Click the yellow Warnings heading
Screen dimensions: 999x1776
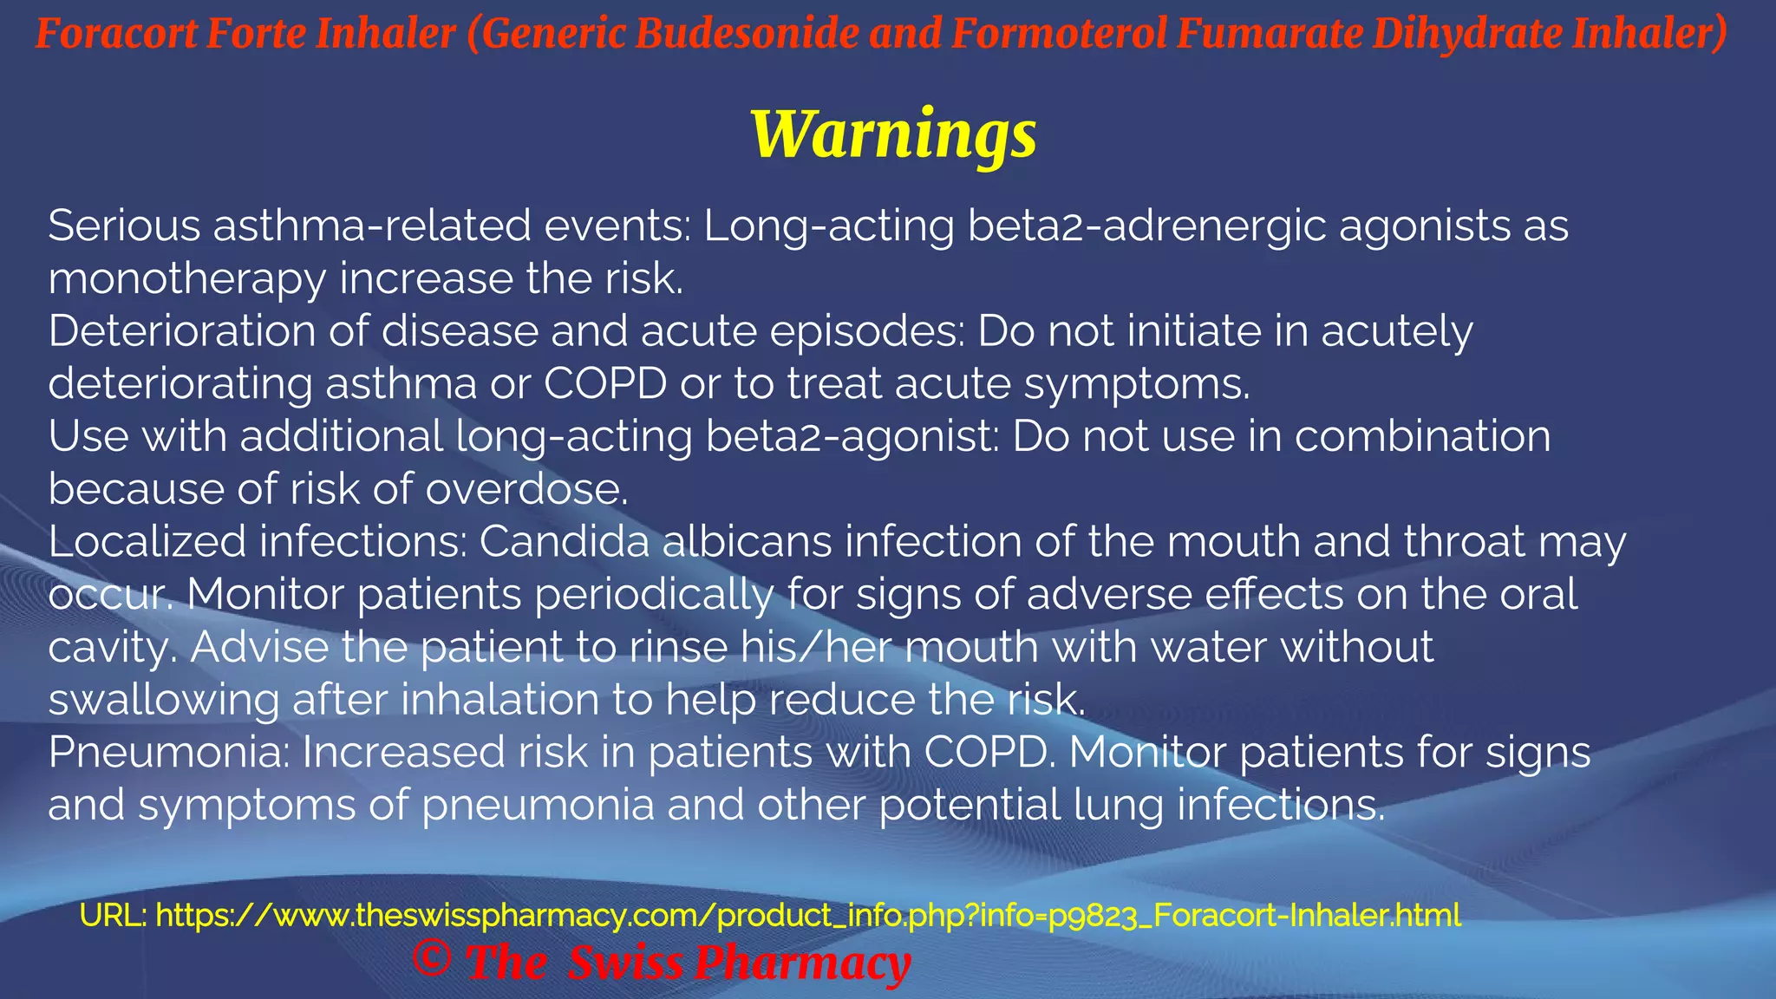[x=893, y=134]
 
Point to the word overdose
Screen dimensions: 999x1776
[x=526, y=490]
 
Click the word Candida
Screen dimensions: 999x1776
[x=564, y=542]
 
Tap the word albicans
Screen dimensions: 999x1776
[x=748, y=542]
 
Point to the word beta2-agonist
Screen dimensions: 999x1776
[x=852, y=436]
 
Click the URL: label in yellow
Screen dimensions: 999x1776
[x=113, y=915]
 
